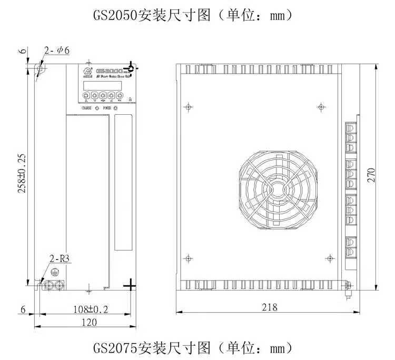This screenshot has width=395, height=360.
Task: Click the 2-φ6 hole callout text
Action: (57, 51)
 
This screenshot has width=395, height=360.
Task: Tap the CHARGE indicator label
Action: (86, 108)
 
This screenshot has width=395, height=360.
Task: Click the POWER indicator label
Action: (107, 108)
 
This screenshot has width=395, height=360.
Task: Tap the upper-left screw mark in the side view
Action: (187, 107)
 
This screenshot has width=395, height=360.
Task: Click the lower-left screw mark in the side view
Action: (188, 258)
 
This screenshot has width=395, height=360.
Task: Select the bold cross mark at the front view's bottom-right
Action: (130, 285)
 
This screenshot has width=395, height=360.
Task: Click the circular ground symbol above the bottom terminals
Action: (53, 272)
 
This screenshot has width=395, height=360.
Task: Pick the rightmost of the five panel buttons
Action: (120, 96)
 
